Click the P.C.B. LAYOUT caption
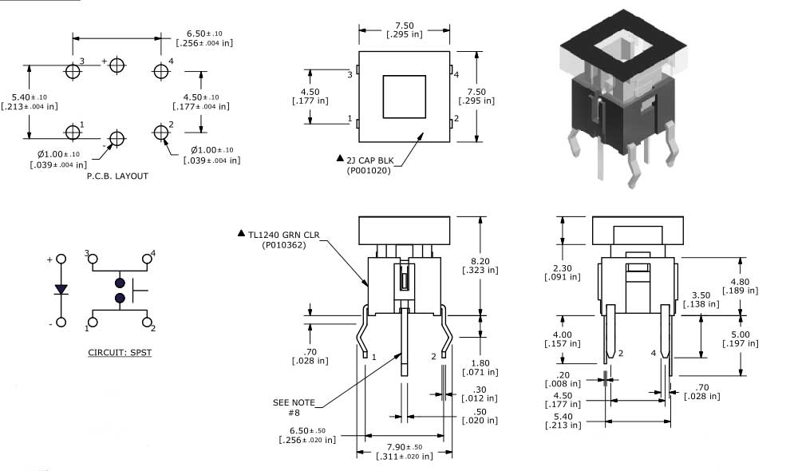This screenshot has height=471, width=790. coord(117,176)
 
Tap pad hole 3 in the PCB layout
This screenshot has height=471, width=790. coord(73,71)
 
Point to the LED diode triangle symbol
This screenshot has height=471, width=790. coord(61,289)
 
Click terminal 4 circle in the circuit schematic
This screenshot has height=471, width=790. coord(147,259)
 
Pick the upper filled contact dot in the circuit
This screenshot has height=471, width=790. coord(120,283)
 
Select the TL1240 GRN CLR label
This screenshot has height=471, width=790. coord(282,234)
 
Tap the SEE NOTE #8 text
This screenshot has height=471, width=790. coord(294,406)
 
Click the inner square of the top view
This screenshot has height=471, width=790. coord(404,97)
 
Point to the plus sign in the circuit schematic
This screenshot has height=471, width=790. coord(49,259)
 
